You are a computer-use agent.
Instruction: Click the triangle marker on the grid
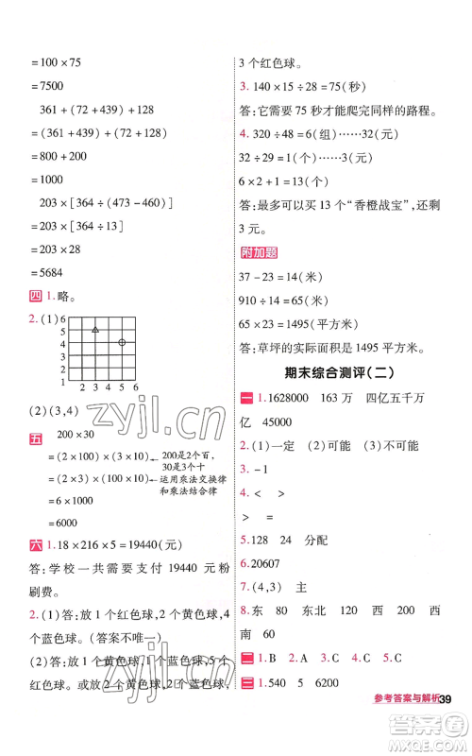(95, 329)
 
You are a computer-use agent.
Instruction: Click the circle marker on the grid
(123, 341)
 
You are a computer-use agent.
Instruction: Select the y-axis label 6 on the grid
(63, 318)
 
